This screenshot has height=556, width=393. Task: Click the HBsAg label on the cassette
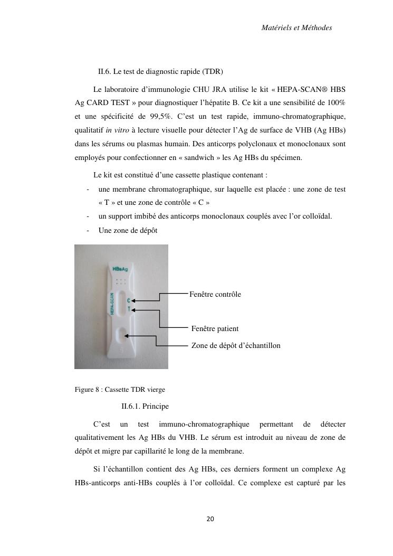point(120,269)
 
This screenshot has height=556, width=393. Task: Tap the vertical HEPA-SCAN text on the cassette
point(112,305)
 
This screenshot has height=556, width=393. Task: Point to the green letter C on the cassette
point(129,300)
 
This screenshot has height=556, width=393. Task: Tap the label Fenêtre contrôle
point(215,294)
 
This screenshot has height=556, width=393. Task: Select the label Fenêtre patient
point(215,328)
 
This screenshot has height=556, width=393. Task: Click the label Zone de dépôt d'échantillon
point(236,345)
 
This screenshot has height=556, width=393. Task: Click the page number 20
point(210,519)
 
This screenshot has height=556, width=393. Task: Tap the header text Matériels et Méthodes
point(296,27)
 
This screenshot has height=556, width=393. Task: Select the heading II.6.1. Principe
point(145,406)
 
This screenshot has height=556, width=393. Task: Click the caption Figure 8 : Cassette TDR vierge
point(120,390)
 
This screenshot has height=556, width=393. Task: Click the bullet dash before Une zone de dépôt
point(87,230)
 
